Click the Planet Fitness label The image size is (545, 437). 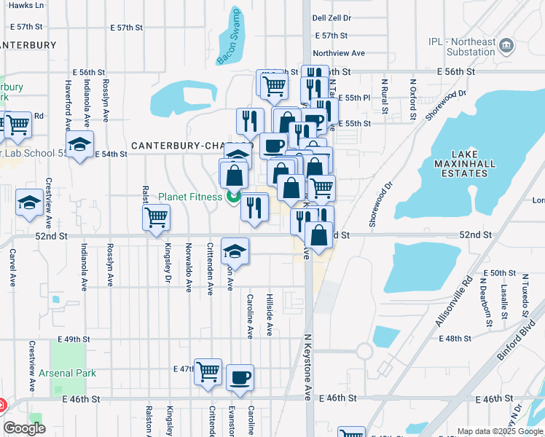click(x=180, y=196)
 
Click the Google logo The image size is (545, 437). click(x=25, y=428)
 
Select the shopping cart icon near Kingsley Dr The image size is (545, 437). click(x=157, y=218)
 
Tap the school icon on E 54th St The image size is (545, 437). click(x=80, y=143)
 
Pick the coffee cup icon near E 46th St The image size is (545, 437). click(x=240, y=377)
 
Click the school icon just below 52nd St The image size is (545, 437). click(x=235, y=251)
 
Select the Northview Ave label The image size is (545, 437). click(x=338, y=53)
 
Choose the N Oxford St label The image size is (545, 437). click(x=412, y=99)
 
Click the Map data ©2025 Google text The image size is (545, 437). click(x=499, y=431)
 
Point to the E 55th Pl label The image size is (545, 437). click(x=357, y=97)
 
